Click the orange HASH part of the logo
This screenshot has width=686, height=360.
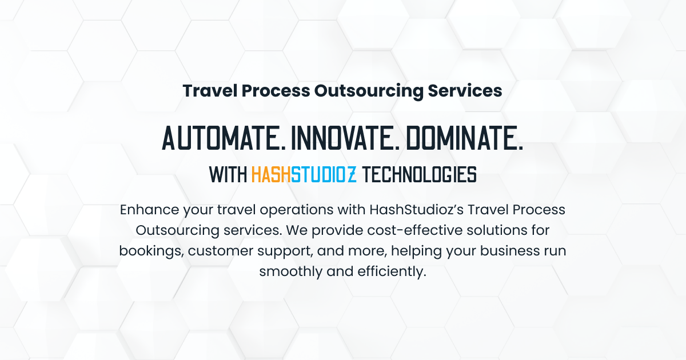pos(271,174)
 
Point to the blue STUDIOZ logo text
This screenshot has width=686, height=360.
pos(324,174)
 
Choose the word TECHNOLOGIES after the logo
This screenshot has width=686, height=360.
pos(420,174)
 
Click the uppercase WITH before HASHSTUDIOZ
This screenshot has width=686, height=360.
pos(228,174)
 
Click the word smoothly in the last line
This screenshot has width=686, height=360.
pos(290,272)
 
